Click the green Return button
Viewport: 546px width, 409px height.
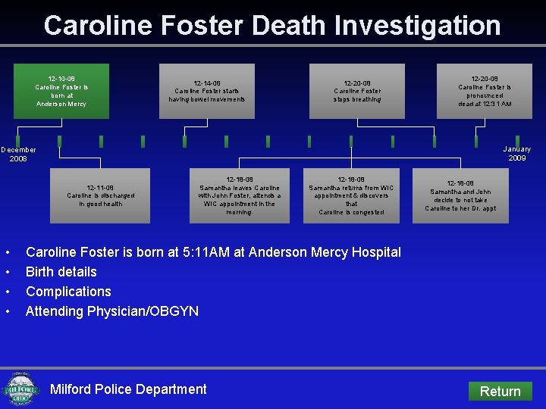click(500, 391)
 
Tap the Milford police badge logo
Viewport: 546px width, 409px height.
click(21, 390)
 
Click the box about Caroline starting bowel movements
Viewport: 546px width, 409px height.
click(207, 91)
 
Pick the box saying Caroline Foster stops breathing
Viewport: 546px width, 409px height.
click(357, 91)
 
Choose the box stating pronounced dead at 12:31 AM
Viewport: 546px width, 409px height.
click(485, 91)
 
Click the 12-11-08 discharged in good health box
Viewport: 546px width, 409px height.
click(100, 195)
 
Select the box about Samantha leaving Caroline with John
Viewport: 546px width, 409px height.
click(240, 195)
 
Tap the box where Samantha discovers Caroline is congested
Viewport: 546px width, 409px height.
click(351, 195)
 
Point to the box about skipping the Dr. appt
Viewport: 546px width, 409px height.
click(460, 195)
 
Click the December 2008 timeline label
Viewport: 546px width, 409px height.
click(18, 154)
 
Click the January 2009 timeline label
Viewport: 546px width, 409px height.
click(516, 154)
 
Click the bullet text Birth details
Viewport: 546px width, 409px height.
click(61, 272)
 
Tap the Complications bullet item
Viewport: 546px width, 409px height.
click(68, 292)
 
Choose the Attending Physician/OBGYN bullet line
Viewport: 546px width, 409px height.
click(112, 311)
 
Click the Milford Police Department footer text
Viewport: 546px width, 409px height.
click(128, 389)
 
